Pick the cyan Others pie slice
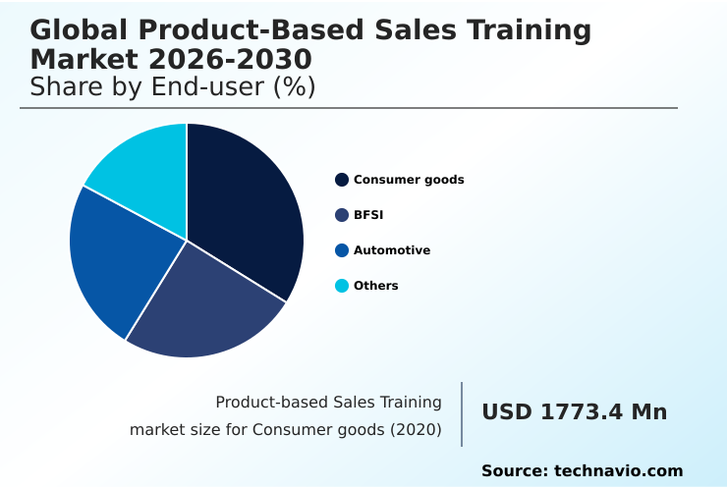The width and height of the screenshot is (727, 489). click(142, 167)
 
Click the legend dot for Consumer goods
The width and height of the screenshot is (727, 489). click(342, 180)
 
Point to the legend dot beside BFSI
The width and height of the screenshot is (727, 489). click(342, 215)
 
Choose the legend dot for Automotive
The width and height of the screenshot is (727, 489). click(342, 250)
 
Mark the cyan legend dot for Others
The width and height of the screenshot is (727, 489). click(342, 286)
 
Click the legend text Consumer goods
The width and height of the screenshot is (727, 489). click(409, 180)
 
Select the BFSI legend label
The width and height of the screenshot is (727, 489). click(368, 215)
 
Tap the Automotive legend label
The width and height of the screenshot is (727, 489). click(392, 250)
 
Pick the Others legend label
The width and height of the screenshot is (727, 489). click(376, 286)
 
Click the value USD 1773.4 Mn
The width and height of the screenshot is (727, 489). click(574, 412)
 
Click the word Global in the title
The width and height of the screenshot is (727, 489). click(79, 30)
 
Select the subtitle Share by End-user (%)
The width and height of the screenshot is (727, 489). click(173, 86)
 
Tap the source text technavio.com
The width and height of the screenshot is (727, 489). click(618, 471)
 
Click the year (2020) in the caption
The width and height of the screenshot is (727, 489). click(416, 429)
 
